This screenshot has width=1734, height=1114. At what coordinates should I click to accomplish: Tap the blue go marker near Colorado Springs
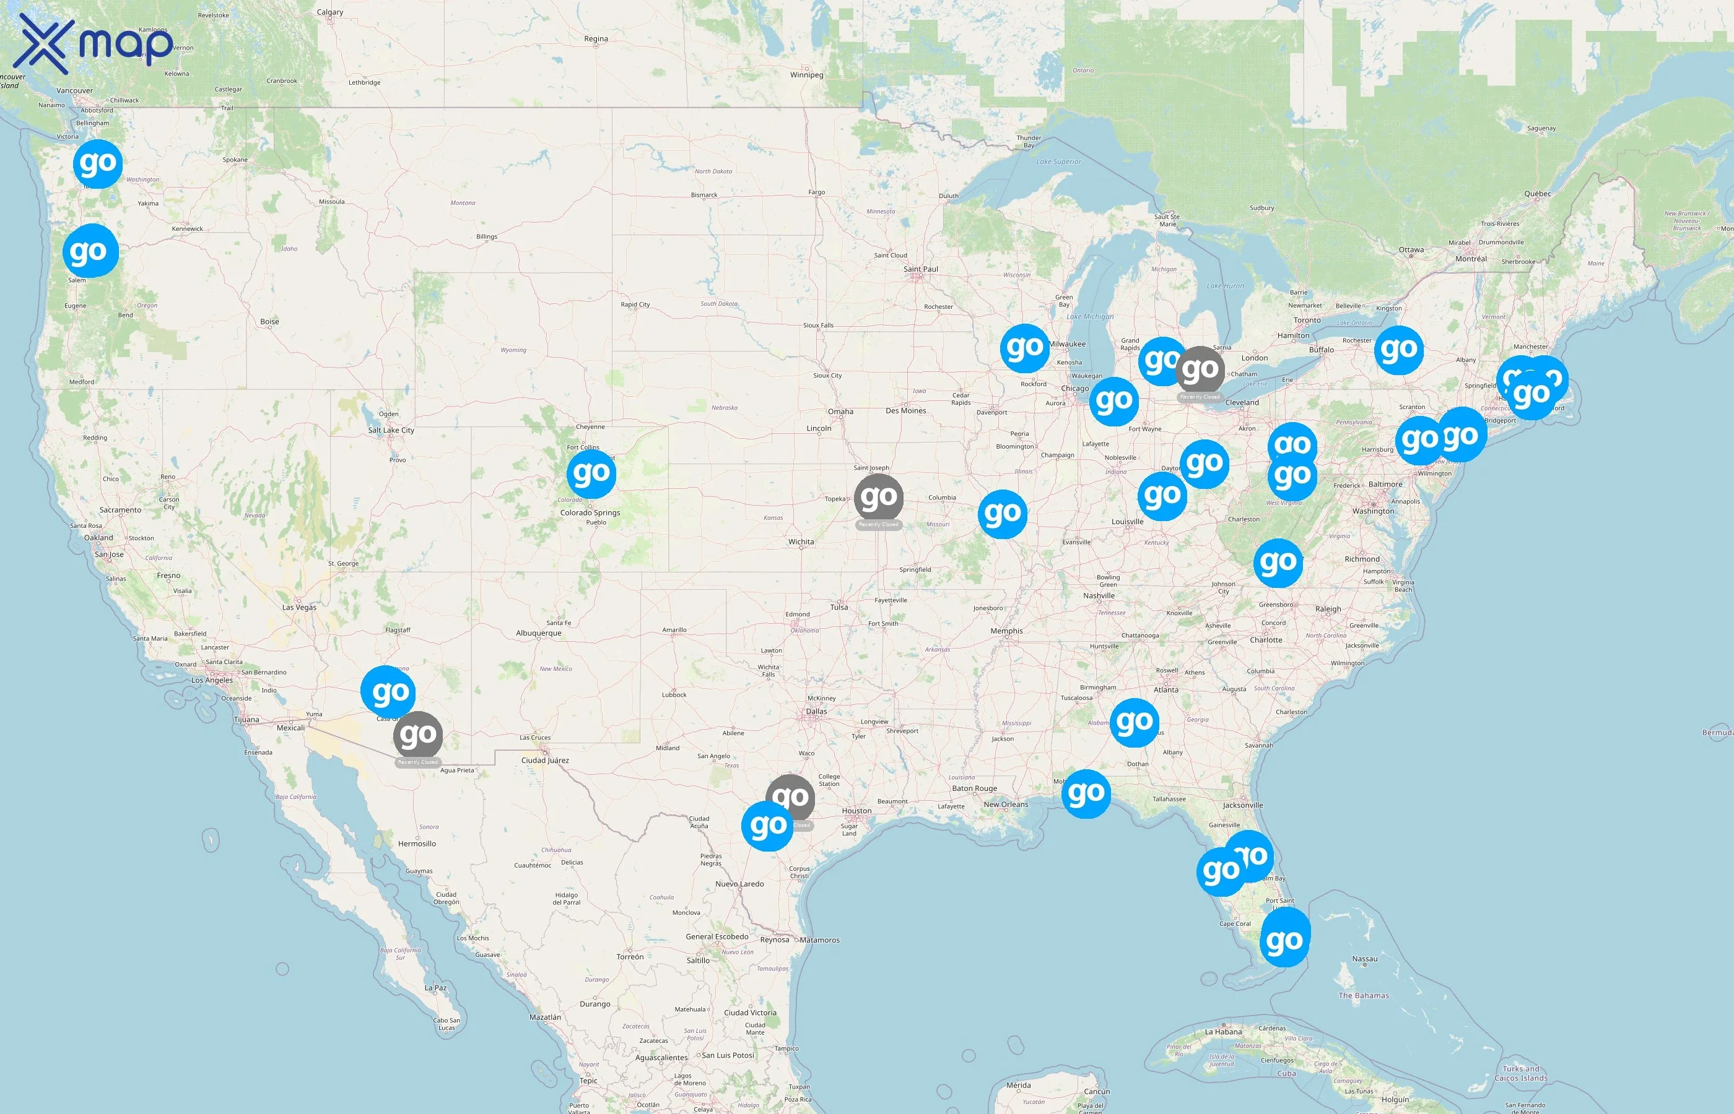click(591, 474)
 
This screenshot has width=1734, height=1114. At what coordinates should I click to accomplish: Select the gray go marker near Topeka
click(879, 498)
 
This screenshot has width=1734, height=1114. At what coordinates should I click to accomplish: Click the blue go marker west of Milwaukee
click(1025, 348)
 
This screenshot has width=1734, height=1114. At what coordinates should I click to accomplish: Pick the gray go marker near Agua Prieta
click(417, 735)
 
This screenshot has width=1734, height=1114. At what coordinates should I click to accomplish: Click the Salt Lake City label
click(391, 430)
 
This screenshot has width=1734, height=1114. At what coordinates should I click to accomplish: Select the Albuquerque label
click(538, 633)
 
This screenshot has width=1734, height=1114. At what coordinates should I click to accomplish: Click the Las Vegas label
click(299, 607)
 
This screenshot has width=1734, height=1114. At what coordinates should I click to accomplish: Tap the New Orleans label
click(1005, 805)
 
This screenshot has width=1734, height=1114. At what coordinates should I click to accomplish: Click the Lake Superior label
click(1058, 162)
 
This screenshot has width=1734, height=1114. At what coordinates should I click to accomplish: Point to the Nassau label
click(1364, 959)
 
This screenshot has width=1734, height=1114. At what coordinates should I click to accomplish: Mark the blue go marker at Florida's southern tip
click(1284, 940)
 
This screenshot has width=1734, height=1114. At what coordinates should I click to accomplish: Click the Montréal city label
click(1471, 259)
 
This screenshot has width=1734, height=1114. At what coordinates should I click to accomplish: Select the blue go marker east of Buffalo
click(1398, 350)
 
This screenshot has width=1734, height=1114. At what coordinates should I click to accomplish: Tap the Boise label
click(269, 322)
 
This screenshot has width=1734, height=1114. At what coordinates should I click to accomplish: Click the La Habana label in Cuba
click(1223, 1032)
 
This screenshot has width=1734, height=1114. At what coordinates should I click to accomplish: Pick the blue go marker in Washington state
click(98, 164)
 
